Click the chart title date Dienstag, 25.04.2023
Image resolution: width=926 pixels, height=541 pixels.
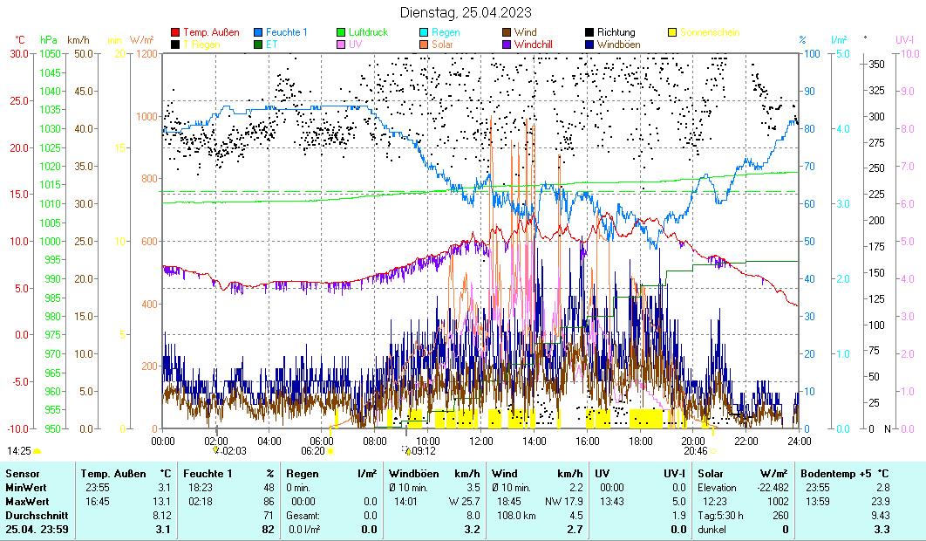465,12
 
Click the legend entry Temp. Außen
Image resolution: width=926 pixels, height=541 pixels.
211,32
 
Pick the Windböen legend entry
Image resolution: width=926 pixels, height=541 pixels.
626,44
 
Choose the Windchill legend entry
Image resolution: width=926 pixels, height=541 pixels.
538,44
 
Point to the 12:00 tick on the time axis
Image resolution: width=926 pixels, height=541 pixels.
481,441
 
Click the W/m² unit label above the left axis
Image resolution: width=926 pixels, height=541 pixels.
141,40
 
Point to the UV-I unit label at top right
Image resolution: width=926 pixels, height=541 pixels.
904,40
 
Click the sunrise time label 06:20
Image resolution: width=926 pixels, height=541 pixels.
312,451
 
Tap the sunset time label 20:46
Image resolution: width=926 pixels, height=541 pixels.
695,451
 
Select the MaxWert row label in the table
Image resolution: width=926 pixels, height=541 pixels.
26,501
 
